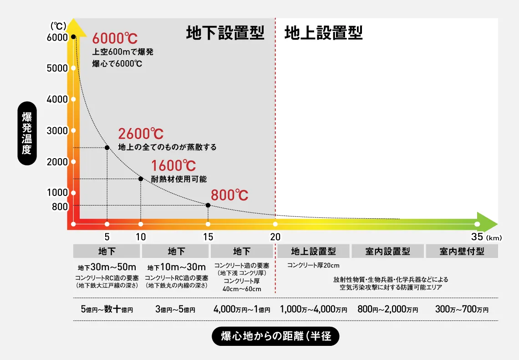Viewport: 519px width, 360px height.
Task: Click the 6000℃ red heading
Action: tap(115, 38)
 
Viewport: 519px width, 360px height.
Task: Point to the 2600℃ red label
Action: tap(141, 134)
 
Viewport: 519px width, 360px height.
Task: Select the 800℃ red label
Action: tap(229, 195)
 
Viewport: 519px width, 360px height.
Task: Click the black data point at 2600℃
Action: tap(107, 147)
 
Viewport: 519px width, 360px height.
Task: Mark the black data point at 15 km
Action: tap(208, 205)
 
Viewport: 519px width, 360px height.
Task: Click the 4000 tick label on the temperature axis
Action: tap(57, 99)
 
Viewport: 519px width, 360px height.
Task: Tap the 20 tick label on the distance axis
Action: tap(275, 237)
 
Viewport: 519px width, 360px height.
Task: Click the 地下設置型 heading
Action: tap(225, 33)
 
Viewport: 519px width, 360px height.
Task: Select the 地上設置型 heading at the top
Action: tap(323, 33)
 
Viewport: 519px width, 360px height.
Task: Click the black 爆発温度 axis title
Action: tap(27, 133)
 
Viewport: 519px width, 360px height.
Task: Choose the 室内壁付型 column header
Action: tap(462, 251)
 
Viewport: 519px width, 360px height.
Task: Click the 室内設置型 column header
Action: tap(387, 251)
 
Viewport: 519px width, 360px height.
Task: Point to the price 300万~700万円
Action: tap(462, 309)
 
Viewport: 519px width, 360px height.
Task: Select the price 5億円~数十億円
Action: tap(107, 309)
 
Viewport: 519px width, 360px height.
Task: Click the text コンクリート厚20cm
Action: tap(313, 265)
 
